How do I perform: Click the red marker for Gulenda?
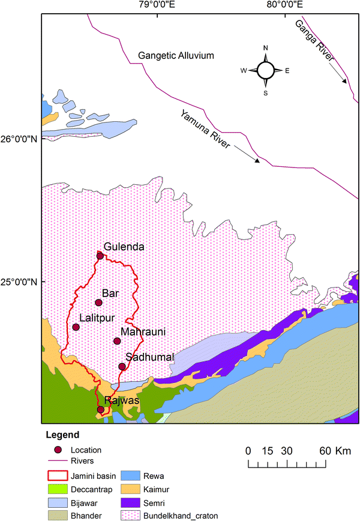coord(100,256)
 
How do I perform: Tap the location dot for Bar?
coord(99,303)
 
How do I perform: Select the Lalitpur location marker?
coord(76,327)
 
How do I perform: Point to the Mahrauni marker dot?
coord(117,341)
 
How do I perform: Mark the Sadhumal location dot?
coord(122,367)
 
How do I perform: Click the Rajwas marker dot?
coord(101,410)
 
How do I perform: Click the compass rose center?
coord(265,70)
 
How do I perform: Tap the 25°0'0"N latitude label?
coord(20,282)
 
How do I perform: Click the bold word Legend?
coord(62,435)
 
